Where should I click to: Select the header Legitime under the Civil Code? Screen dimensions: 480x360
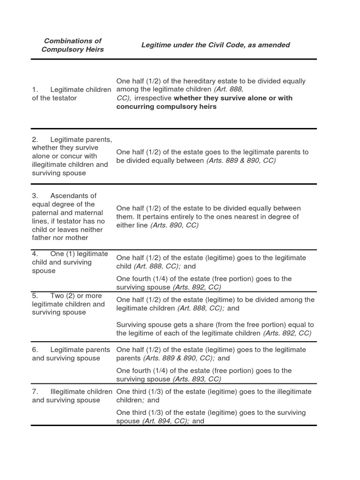(x=216, y=45)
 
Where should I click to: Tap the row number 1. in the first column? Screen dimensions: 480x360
(x=34, y=90)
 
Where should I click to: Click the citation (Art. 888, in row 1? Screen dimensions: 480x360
(x=229, y=90)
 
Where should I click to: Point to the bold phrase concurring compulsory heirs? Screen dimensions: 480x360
(x=166, y=106)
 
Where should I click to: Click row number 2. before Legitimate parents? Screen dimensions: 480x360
(x=35, y=139)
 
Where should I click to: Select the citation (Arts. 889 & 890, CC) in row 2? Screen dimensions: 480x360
(x=241, y=160)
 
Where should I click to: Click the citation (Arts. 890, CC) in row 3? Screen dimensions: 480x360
(x=174, y=225)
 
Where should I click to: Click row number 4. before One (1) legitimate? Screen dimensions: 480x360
(x=35, y=254)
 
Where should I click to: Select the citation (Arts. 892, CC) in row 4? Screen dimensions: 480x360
(x=197, y=287)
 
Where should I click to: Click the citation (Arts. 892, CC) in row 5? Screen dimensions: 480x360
(x=287, y=333)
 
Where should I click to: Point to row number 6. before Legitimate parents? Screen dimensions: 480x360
(x=35, y=350)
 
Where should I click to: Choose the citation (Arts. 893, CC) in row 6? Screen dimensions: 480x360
(x=197, y=379)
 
